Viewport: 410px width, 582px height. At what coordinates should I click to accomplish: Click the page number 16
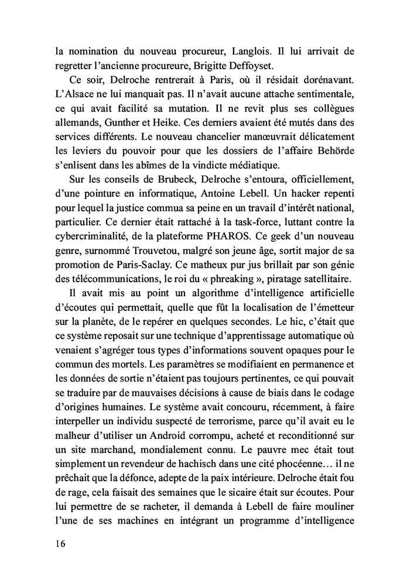[57, 543]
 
